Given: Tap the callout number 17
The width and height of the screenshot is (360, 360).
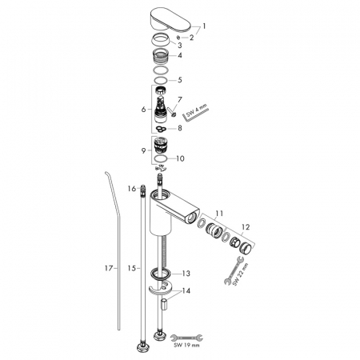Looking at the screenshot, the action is tap(109, 268).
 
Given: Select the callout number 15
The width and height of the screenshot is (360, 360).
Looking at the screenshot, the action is tap(131, 268).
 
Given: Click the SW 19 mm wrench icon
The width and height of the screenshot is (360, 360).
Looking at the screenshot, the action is tap(186, 338).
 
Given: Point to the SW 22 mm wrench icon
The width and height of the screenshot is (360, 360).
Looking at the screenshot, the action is tap(234, 270).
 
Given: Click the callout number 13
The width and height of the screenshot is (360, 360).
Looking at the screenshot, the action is tap(186, 274).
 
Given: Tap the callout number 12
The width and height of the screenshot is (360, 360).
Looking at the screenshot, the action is tap(246, 227).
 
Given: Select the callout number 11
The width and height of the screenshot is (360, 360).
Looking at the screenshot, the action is tap(219, 214).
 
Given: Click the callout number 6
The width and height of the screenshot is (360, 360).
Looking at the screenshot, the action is tap(144, 109).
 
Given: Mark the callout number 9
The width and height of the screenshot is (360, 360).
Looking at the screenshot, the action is tap(144, 150).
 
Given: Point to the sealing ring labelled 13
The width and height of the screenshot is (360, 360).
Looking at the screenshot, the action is tap(161, 274).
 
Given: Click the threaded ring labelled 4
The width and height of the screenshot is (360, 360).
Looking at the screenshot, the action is tap(161, 56).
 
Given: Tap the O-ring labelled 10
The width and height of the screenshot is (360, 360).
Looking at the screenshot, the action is tap(161, 158).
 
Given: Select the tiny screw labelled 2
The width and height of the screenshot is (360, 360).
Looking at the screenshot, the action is tap(178, 37).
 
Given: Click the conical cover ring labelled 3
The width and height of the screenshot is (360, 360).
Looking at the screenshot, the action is tap(161, 40).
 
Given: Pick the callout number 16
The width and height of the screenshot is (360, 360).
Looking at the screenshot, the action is tap(132, 189).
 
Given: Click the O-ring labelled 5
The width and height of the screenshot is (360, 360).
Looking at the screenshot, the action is tap(161, 80).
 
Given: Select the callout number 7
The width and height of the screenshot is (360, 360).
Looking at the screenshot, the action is tap(180, 99).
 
